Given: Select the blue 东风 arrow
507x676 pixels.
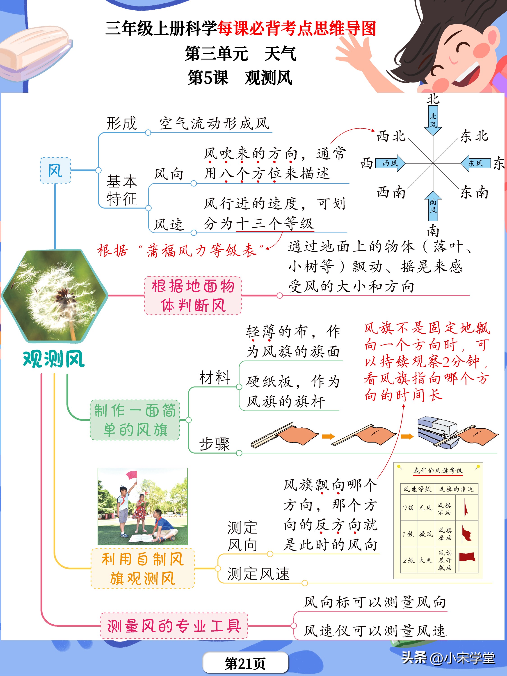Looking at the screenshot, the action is click(475, 163).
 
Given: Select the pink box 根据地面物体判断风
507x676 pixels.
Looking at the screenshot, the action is click(193, 295).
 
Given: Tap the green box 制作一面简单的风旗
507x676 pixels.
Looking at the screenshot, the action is click(135, 420).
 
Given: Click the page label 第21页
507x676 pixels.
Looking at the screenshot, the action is click(245, 663).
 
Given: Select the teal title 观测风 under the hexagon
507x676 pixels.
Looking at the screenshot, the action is click(54, 359).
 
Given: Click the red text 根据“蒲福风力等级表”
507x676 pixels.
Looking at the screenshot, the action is click(180, 251).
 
